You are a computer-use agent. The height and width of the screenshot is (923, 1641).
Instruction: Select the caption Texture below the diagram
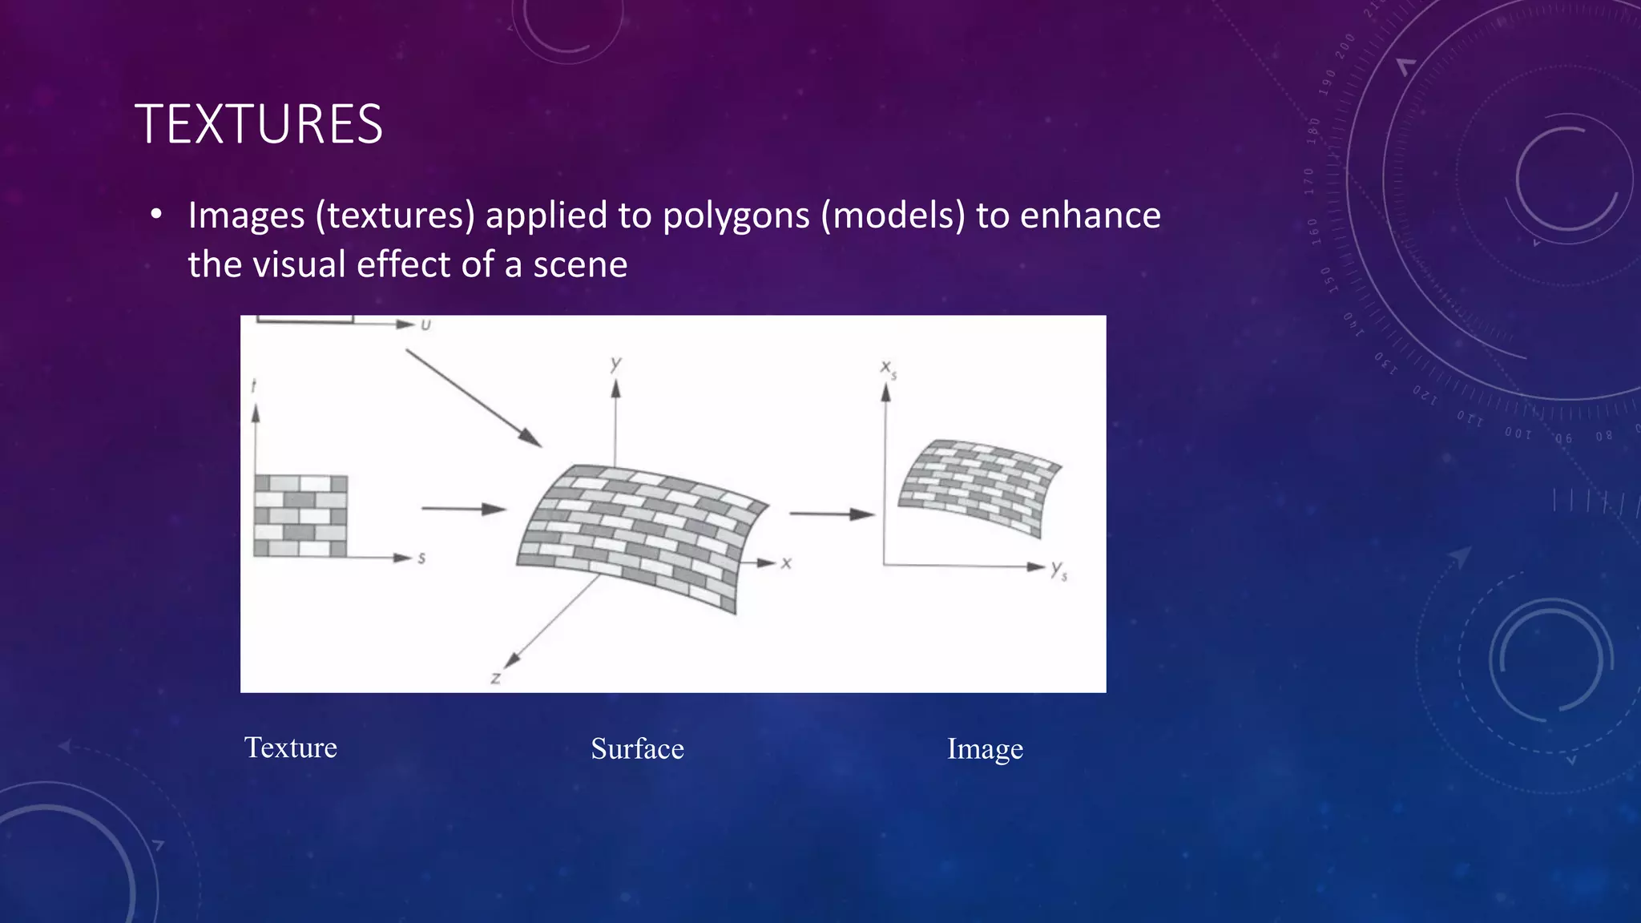coord(290,748)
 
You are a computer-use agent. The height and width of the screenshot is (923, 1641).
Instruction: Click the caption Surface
coord(637,749)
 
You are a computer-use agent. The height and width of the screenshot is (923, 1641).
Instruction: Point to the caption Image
coord(985,749)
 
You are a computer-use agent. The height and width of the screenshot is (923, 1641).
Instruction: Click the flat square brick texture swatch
coord(300,516)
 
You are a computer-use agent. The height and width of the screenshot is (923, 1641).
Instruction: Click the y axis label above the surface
coord(615,364)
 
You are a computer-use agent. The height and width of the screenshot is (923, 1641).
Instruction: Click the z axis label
coord(496,678)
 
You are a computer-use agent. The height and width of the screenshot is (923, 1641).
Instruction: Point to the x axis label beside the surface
coord(786,563)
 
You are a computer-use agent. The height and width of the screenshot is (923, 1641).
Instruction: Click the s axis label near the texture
coord(421,558)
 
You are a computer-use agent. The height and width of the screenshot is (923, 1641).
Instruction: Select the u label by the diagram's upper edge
coord(425,324)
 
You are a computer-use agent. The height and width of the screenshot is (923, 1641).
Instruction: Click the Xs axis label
coord(888,368)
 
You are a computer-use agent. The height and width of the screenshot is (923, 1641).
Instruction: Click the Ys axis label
coord(1058,570)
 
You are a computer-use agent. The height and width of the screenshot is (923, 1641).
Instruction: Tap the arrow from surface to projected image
coord(831,514)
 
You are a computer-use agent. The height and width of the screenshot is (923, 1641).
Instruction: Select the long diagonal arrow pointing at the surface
coord(473,397)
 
